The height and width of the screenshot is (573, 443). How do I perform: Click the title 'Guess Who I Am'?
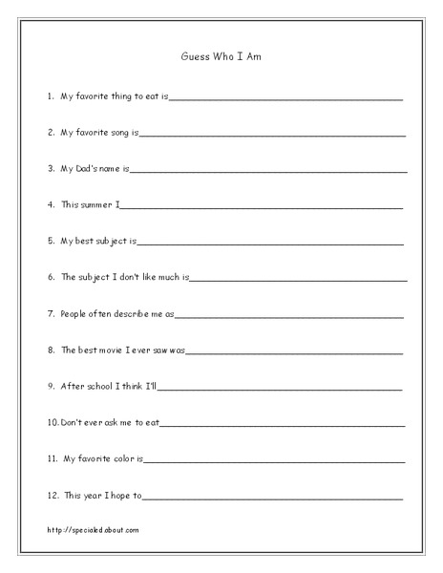(x=221, y=56)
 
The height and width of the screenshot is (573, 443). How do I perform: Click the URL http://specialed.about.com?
(x=92, y=529)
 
